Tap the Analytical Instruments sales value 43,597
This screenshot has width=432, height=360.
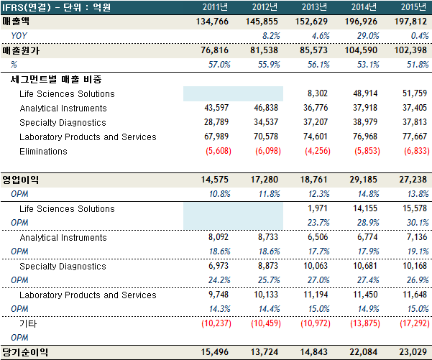click(x=218, y=108)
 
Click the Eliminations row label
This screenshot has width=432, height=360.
click(x=44, y=151)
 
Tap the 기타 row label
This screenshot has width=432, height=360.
click(x=29, y=324)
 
